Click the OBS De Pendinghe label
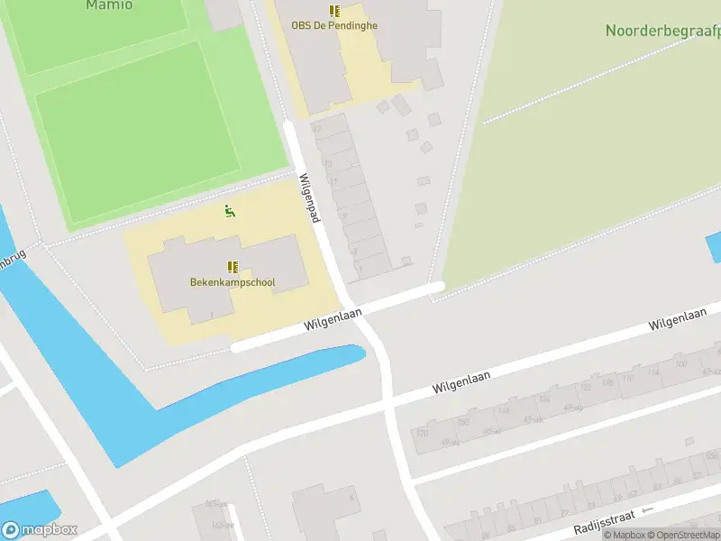(334, 25)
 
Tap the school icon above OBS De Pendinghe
(334, 11)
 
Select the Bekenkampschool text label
(233, 282)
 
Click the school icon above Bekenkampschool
(233, 267)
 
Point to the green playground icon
(230, 212)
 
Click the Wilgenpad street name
(311, 198)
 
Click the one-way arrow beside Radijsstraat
(646, 510)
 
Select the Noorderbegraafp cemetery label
(663, 32)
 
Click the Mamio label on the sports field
(109, 5)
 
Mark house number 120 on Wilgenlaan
(421, 434)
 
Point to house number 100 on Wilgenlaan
(681, 364)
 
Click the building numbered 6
(324, 509)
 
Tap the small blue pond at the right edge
(714, 247)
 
